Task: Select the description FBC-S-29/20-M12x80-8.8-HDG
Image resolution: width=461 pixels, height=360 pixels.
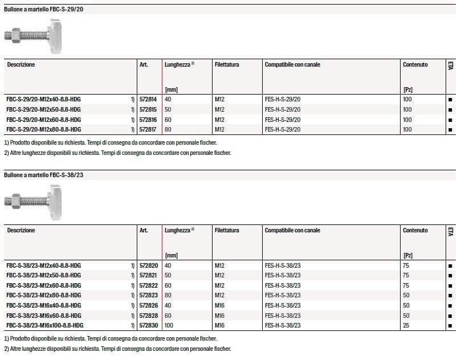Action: pos(43,130)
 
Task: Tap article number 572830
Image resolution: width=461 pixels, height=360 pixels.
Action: pos(149,325)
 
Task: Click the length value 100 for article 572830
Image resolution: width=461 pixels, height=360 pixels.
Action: pos(170,325)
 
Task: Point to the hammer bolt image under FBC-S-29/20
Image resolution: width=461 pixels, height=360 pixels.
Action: pos(32,34)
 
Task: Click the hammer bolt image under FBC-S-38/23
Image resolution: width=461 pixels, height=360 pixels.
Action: pos(32,200)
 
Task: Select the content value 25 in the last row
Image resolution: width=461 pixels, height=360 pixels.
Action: pos(406,325)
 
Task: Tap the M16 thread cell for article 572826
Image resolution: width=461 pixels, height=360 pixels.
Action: pos(221,305)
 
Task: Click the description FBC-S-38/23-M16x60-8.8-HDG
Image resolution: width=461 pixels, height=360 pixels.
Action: pos(43,315)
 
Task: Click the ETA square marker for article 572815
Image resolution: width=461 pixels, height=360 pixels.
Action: pos(450,110)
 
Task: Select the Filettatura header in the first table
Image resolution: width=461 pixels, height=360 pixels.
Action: pos(227,65)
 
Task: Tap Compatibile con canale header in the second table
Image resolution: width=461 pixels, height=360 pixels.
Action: pos(292,231)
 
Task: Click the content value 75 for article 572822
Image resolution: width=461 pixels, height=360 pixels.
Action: pos(406,285)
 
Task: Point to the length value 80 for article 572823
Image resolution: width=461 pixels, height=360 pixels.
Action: pos(168,295)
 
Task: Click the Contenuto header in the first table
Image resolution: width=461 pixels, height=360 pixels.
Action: pos(415,65)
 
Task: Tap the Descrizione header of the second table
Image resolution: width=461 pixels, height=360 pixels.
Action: pos(21,231)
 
